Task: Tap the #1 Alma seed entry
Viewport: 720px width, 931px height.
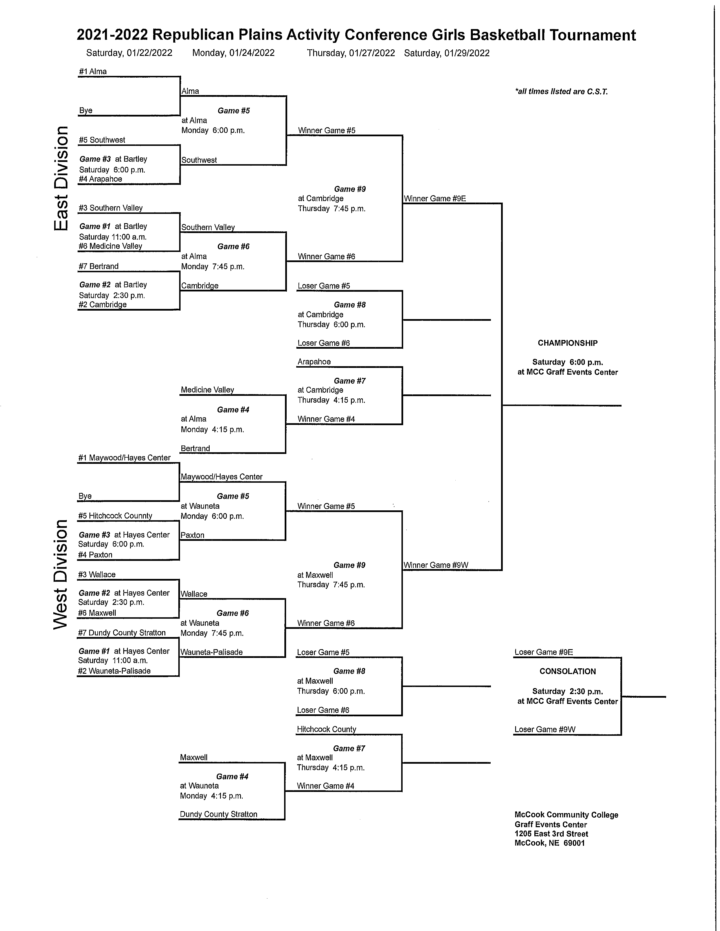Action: pyautogui.click(x=93, y=72)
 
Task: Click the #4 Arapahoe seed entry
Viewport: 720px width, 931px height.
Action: pyautogui.click(x=101, y=179)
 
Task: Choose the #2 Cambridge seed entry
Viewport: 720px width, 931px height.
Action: pyautogui.click(x=102, y=304)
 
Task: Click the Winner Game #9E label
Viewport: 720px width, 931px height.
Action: pyautogui.click(x=434, y=198)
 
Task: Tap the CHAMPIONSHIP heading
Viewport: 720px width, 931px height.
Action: pyautogui.click(x=567, y=343)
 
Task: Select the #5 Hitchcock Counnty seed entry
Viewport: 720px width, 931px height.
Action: pyautogui.click(x=115, y=515)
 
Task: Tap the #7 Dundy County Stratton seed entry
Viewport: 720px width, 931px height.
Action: pyautogui.click(x=122, y=633)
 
